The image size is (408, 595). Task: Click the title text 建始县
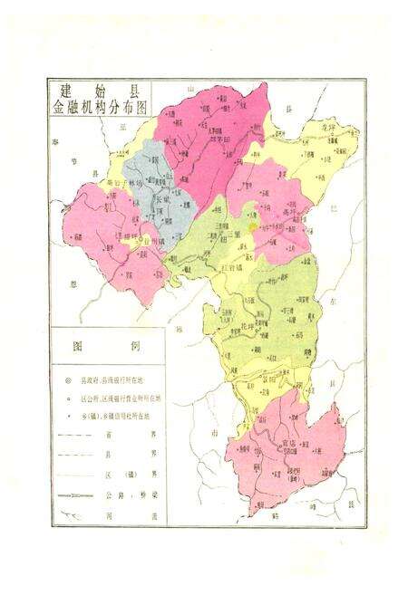pos(98,90)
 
